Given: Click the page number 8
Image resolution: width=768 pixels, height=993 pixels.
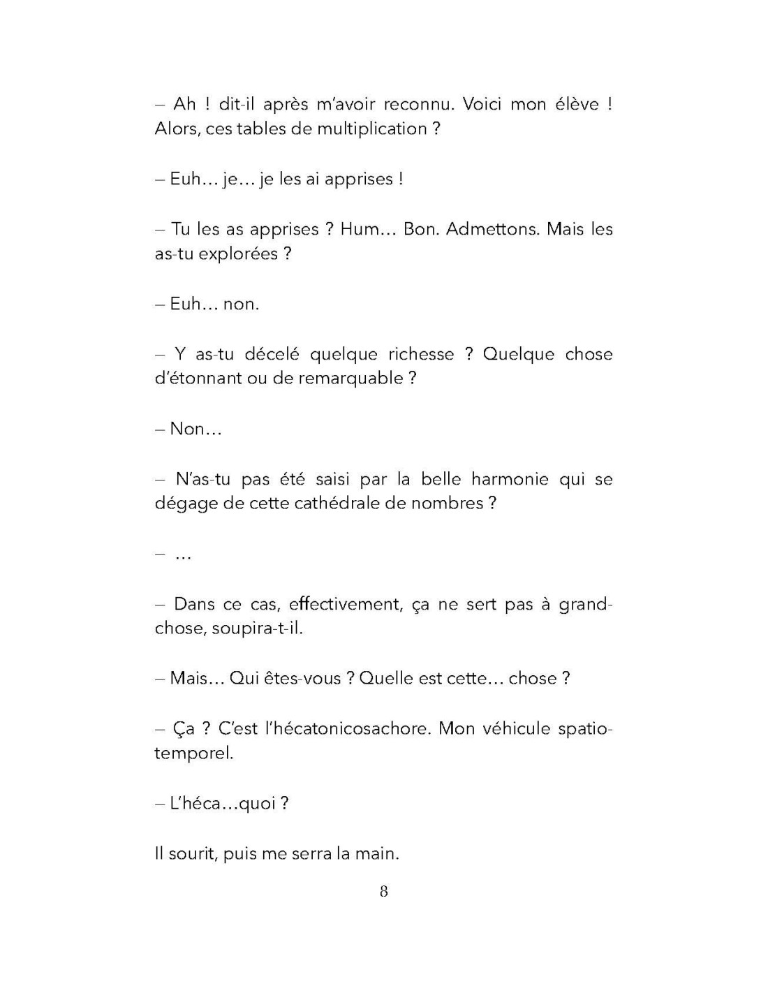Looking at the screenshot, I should [x=383, y=891].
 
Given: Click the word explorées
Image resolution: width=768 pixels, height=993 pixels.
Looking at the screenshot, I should [x=237, y=253].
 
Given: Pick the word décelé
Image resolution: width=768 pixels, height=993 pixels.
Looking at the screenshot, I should [x=272, y=354].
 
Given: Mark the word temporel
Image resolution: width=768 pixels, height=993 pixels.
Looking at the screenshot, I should [x=193, y=753].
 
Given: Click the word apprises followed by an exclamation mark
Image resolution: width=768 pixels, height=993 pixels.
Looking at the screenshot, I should [x=359, y=179].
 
